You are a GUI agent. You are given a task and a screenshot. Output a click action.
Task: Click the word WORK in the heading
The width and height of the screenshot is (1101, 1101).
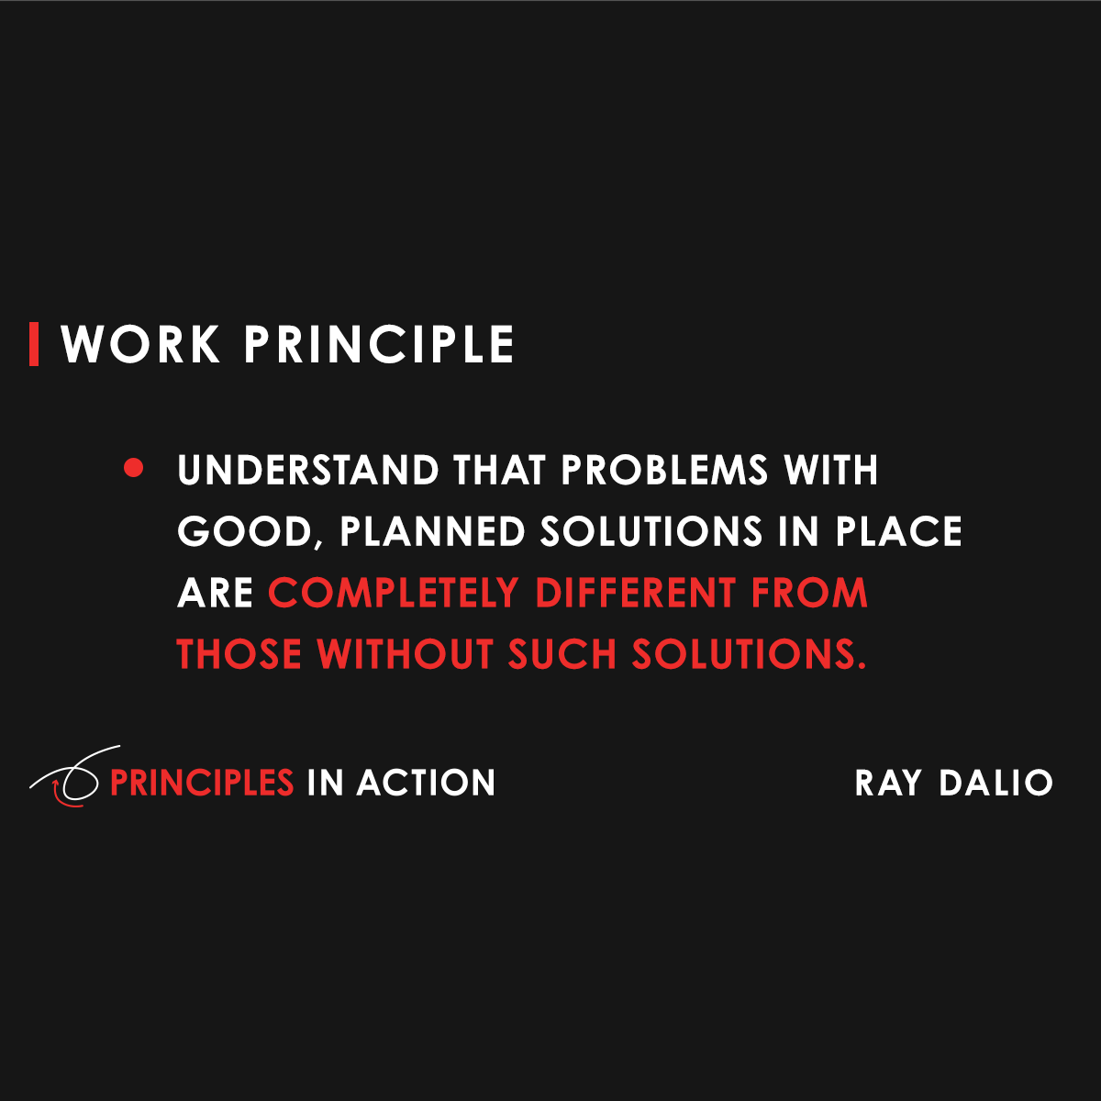pos(140,345)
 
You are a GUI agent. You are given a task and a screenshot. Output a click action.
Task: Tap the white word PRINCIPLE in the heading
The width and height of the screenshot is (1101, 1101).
pos(378,345)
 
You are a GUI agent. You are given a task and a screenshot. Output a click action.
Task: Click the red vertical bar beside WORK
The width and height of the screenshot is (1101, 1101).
pos(34,344)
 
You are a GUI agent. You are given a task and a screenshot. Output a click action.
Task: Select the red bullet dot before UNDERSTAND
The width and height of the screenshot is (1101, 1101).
pos(134,469)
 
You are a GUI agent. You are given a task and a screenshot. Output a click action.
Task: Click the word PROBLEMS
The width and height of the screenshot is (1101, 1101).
pos(664,471)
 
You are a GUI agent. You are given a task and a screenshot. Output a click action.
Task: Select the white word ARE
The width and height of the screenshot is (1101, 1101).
pos(215,594)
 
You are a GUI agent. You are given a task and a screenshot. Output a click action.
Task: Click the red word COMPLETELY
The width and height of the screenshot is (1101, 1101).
pos(394,594)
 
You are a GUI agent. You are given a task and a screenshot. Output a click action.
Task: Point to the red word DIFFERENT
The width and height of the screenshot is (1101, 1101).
pos(636,594)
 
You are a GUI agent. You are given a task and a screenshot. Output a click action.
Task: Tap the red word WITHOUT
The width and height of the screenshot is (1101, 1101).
pos(405,655)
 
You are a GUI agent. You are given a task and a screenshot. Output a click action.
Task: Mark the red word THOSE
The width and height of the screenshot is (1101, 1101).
pos(239,655)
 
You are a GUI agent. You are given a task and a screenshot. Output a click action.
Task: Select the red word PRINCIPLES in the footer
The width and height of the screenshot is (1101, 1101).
pos(202,783)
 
